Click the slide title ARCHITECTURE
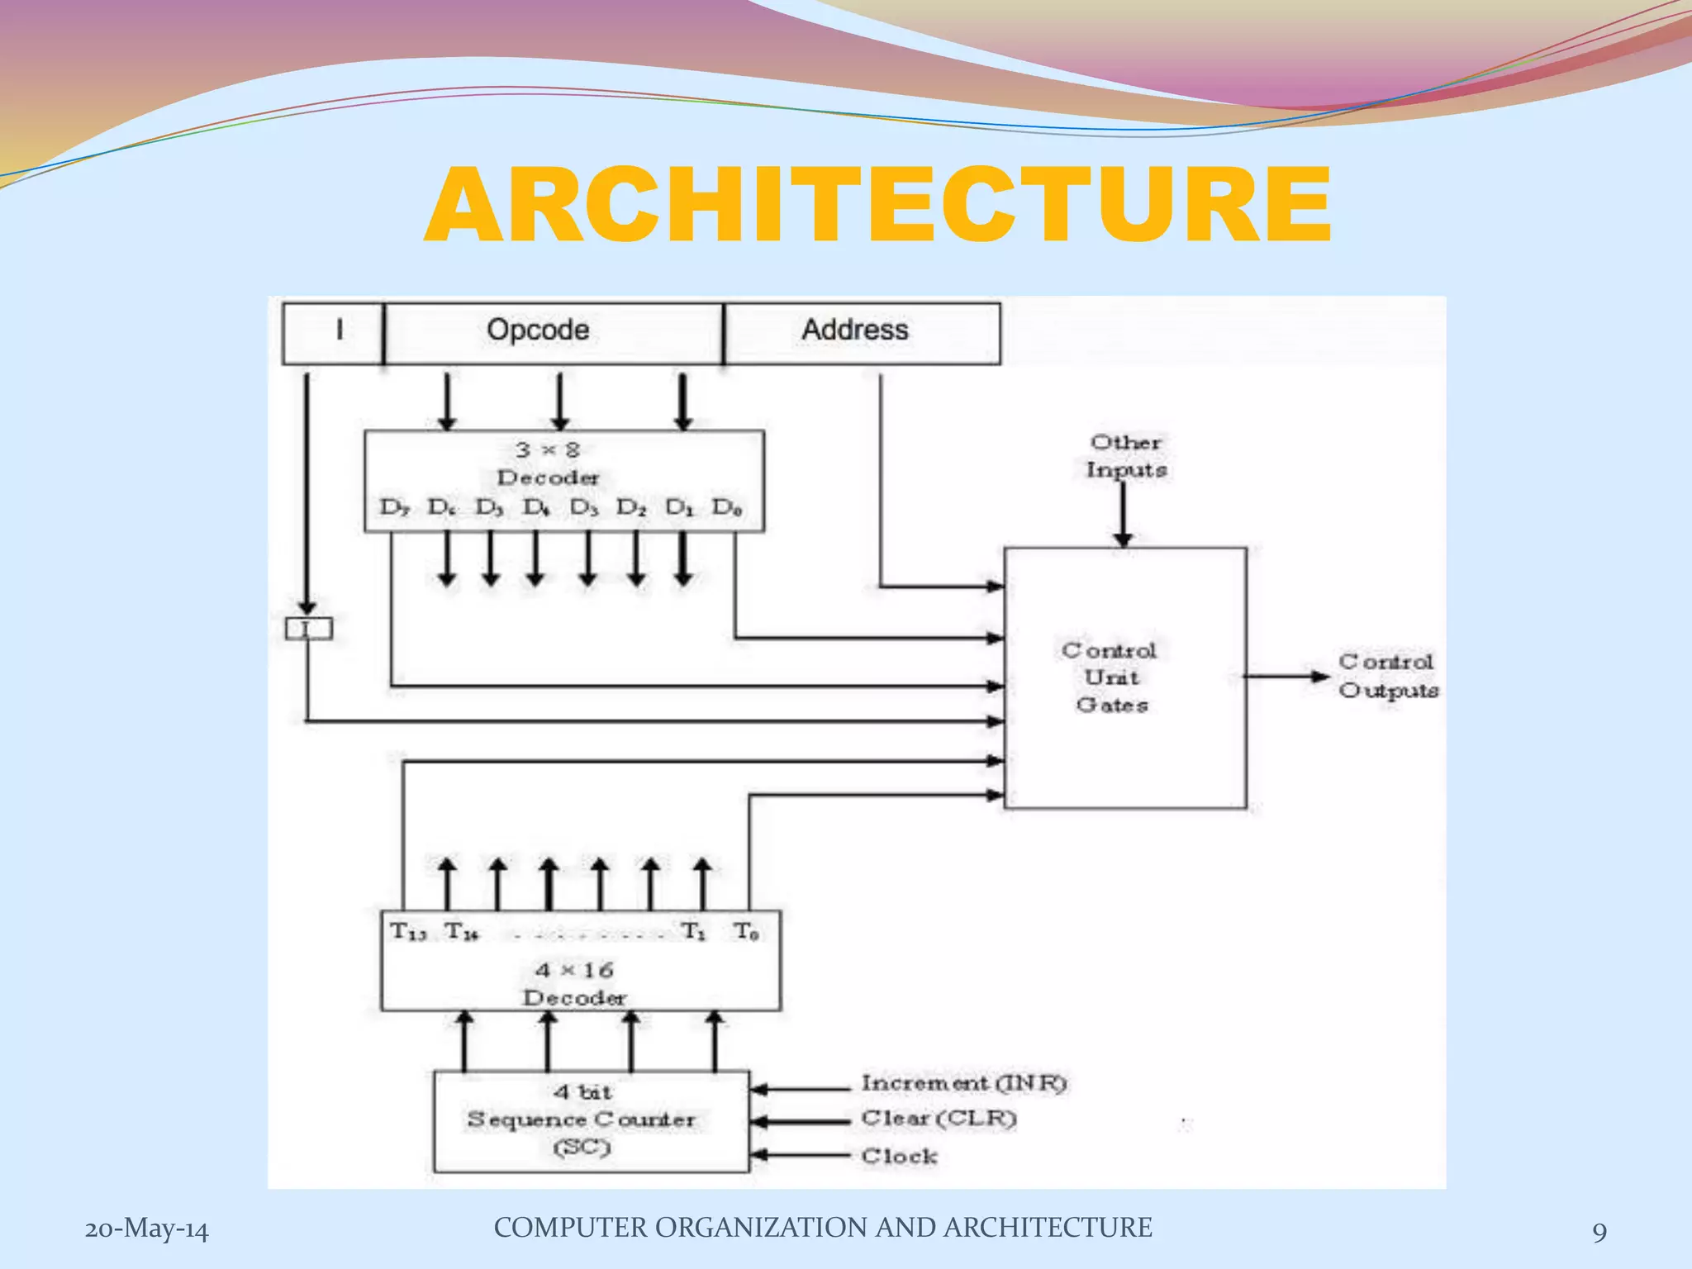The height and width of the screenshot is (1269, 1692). pos(877,205)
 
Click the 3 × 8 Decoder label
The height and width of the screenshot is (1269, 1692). pos(548,463)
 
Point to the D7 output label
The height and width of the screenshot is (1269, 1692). pos(394,507)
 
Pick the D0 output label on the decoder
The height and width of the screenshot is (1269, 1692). pos(727,507)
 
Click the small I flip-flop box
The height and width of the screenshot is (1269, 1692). pos(308,629)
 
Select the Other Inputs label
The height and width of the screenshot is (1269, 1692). pos(1126,456)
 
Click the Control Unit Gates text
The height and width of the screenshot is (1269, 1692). pos(1110,677)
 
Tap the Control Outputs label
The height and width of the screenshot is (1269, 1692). pos(1387,676)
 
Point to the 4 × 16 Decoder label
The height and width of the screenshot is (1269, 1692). pos(575,983)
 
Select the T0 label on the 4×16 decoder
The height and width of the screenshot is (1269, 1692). pos(746,932)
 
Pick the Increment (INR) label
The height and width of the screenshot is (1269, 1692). pos(963,1083)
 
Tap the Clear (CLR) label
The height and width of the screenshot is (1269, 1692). pos(939,1119)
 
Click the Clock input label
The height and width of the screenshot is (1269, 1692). pos(899,1156)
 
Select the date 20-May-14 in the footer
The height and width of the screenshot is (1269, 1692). pos(147,1229)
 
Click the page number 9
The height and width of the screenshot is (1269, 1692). pos(1599,1232)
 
